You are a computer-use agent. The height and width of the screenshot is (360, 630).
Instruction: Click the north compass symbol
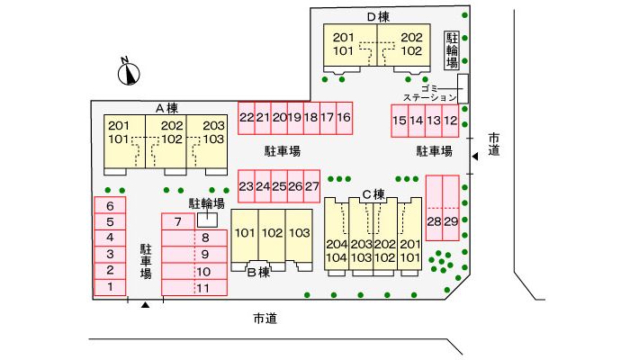click(x=129, y=71)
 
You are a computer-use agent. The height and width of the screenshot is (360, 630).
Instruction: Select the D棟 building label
click(x=378, y=16)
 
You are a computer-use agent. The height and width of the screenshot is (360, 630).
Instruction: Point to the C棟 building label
click(x=373, y=193)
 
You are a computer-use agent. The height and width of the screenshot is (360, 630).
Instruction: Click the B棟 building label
click(x=259, y=271)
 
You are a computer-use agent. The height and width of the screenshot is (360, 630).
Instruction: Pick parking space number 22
click(x=246, y=117)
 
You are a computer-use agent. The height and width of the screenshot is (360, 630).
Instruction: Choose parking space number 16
click(x=344, y=117)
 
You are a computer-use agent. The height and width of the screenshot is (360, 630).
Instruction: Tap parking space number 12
click(x=451, y=120)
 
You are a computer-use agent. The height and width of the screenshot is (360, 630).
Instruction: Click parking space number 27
click(x=312, y=186)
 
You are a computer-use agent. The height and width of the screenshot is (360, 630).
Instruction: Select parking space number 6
click(x=110, y=206)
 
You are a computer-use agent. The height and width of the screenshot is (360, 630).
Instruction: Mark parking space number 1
click(x=110, y=286)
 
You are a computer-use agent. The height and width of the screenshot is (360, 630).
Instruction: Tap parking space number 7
click(x=178, y=221)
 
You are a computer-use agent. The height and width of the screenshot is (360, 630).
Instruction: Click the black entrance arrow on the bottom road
click(x=144, y=306)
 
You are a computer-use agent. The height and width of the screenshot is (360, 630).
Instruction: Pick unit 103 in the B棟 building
click(x=300, y=233)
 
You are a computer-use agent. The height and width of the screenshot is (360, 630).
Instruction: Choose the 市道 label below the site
click(x=264, y=319)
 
